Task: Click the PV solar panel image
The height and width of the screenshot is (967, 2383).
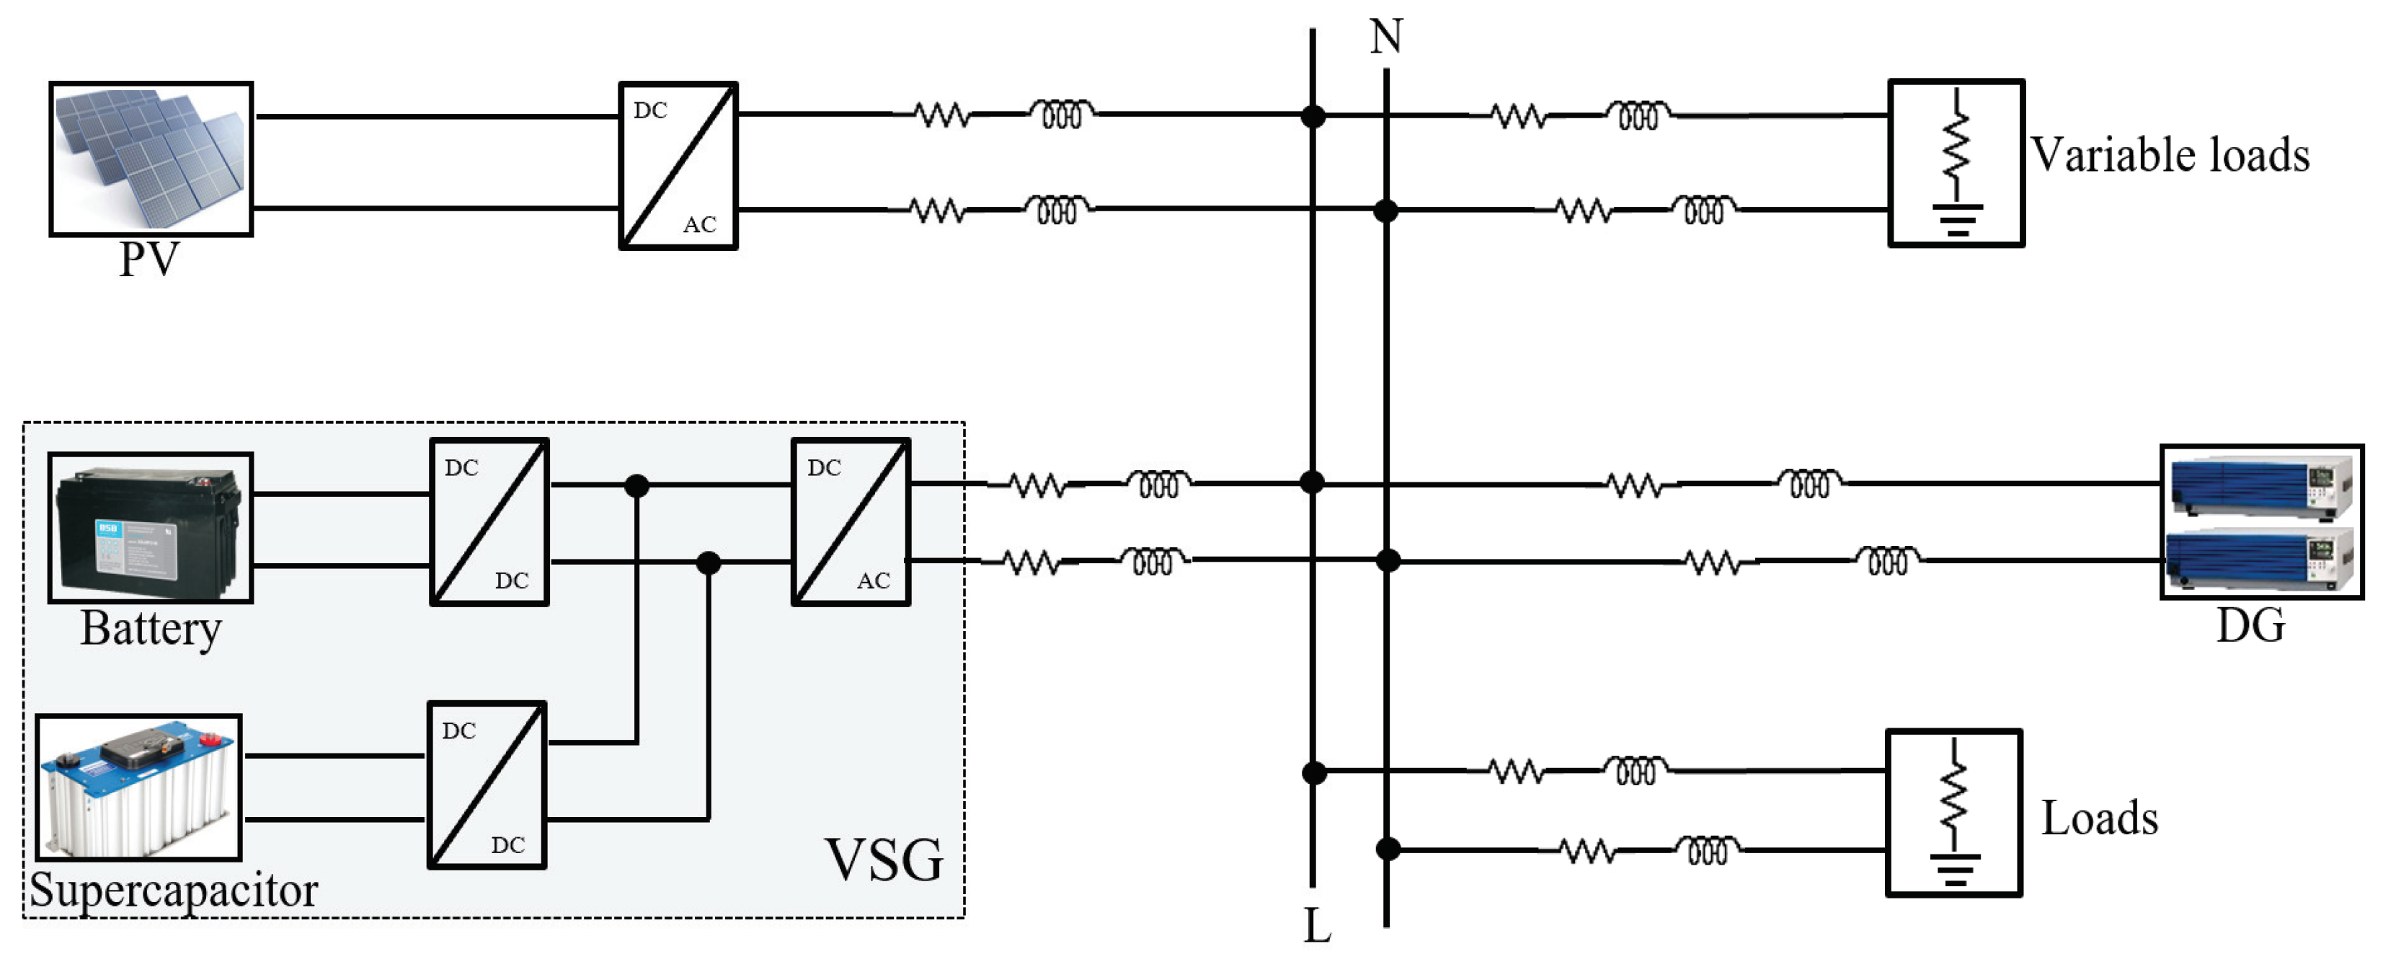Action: point(151,158)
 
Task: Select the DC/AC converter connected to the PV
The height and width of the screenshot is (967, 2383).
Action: point(678,166)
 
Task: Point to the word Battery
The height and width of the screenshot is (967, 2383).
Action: point(151,630)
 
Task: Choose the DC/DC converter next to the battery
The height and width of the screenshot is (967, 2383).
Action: point(489,523)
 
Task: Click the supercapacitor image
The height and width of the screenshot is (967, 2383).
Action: point(139,787)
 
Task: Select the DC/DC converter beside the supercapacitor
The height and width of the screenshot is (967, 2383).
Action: point(487,785)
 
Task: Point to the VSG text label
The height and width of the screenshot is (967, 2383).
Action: point(884,860)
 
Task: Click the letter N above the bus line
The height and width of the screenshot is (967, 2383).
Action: point(1386,37)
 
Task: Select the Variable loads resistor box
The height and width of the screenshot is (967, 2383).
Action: point(1956,163)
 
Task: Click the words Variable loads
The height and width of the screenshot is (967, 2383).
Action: point(2170,154)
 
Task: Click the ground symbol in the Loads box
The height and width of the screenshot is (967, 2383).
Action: point(1954,870)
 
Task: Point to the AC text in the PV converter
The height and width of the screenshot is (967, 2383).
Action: point(699,225)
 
